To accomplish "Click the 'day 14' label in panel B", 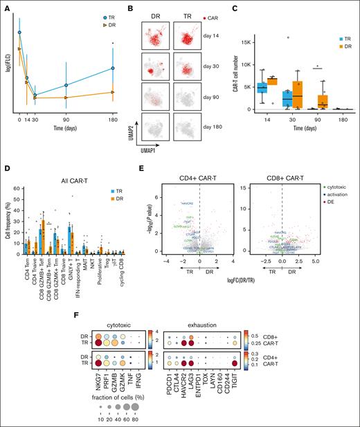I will (x=213, y=35).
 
